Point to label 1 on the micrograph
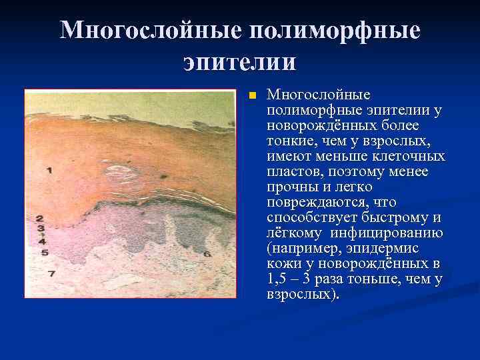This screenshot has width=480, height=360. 49,171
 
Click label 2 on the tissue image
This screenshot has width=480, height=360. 40,218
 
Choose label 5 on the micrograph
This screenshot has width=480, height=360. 43,253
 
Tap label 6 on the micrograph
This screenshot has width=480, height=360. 207,253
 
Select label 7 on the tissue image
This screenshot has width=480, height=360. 50,273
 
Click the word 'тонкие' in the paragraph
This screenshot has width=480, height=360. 288,140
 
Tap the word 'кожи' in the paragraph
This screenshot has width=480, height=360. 281,263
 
